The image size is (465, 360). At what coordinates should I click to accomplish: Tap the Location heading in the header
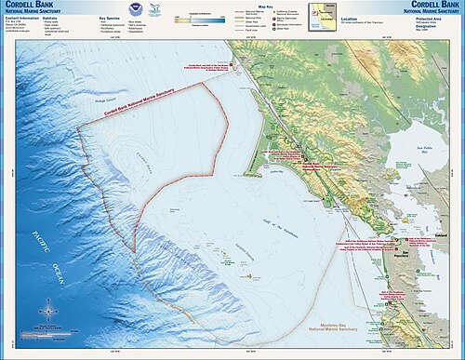(x=351, y=16)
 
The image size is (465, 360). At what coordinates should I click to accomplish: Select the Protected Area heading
(x=431, y=16)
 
